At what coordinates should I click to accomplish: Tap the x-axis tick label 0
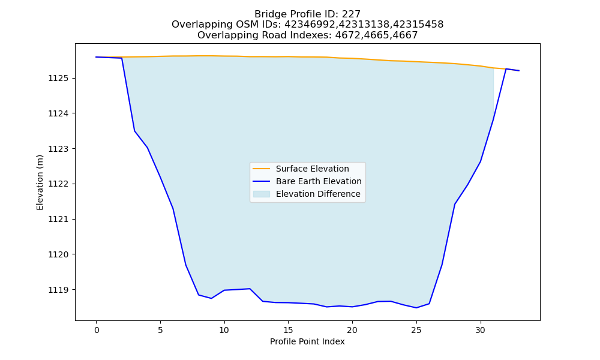pyautogui.click(x=97, y=330)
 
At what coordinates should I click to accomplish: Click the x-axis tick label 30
pyautogui.click(x=481, y=330)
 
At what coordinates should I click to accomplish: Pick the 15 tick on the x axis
pyautogui.click(x=288, y=330)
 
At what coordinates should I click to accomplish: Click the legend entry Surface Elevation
pyautogui.click(x=312, y=169)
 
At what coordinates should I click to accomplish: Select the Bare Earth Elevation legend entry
pyautogui.click(x=319, y=181)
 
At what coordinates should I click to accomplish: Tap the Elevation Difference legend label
pyautogui.click(x=318, y=194)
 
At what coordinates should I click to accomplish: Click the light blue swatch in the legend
pyautogui.click(x=262, y=194)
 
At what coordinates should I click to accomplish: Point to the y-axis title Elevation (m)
pyautogui.click(x=40, y=182)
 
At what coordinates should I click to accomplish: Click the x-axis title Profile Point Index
pyautogui.click(x=307, y=341)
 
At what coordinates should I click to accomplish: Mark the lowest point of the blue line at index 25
pyautogui.click(x=416, y=308)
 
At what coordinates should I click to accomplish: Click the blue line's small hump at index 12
pyautogui.click(x=250, y=289)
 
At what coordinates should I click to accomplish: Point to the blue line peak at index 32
pyautogui.click(x=506, y=69)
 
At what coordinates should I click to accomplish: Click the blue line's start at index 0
pyautogui.click(x=96, y=57)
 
